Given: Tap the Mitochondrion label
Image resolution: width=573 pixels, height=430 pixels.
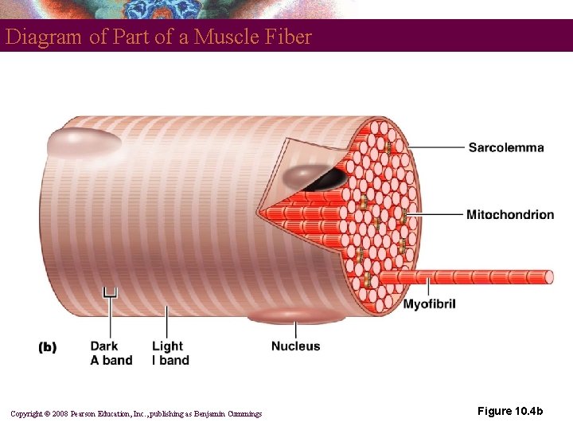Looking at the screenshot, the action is pos(509,214).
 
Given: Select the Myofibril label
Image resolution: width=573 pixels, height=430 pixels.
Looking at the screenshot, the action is pos(429,304).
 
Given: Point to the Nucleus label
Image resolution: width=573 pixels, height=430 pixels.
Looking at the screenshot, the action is pos(295,346).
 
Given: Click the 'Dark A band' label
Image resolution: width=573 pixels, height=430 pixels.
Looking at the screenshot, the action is pos(111,353).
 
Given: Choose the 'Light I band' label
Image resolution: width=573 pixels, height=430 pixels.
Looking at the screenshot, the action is pos(170,353).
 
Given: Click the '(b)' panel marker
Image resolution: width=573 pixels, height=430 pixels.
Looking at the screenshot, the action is pos(48,347).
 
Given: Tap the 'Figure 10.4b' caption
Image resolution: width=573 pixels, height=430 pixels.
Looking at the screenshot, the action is pos(510,411).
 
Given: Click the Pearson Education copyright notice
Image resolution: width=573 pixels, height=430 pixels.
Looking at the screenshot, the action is pos(136,413).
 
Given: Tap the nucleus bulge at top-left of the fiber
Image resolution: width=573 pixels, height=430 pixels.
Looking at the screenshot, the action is pos(83,143).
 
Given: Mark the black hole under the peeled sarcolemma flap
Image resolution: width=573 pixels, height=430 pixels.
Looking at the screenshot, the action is pos(326,180).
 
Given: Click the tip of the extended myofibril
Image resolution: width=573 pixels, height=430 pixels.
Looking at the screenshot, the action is pos(548,277).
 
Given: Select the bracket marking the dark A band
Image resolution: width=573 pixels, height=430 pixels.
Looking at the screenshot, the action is pos(111,293).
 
